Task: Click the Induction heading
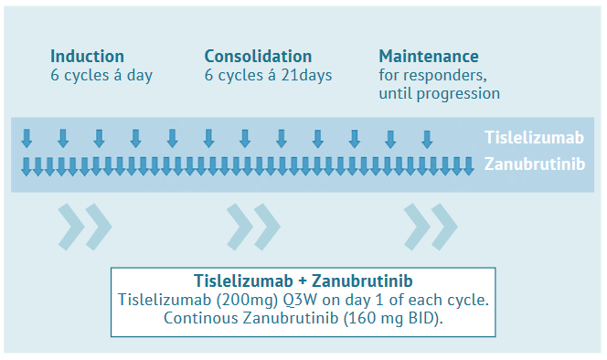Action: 87,57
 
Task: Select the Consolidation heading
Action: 258,57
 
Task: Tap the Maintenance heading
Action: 429,57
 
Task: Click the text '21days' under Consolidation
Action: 306,75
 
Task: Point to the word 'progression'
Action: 458,94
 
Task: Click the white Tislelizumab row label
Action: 534,138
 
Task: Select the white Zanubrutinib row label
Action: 535,164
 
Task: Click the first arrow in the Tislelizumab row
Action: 27,139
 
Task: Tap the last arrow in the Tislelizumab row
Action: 427,140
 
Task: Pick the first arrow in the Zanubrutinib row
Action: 26,166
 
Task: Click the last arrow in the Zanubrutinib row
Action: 468,166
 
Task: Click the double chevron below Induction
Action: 85,227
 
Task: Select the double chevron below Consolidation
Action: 253,227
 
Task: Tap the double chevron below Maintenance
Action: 431,227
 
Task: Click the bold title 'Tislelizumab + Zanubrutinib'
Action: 303,281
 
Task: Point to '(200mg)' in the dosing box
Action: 247,300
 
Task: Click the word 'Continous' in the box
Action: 201,318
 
